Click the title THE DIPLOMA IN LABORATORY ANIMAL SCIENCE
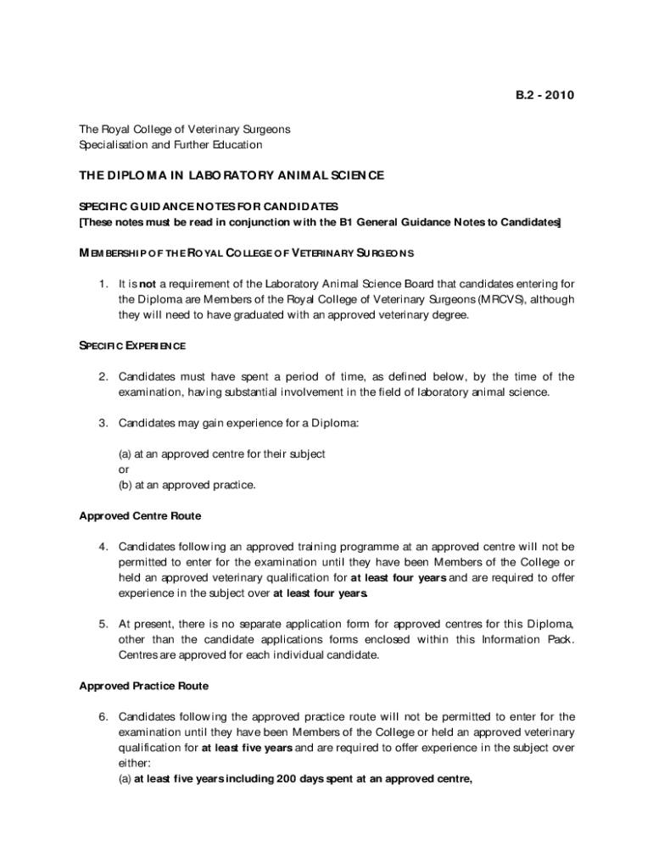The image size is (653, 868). [232, 175]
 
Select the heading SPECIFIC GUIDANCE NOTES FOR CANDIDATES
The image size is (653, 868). [209, 207]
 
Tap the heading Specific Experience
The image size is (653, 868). [132, 346]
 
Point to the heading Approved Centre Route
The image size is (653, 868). [140, 515]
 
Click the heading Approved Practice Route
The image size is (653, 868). [143, 686]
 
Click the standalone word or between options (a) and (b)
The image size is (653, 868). [124, 470]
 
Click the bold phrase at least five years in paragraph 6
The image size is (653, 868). [248, 748]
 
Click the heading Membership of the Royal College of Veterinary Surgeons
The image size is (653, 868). [246, 253]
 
